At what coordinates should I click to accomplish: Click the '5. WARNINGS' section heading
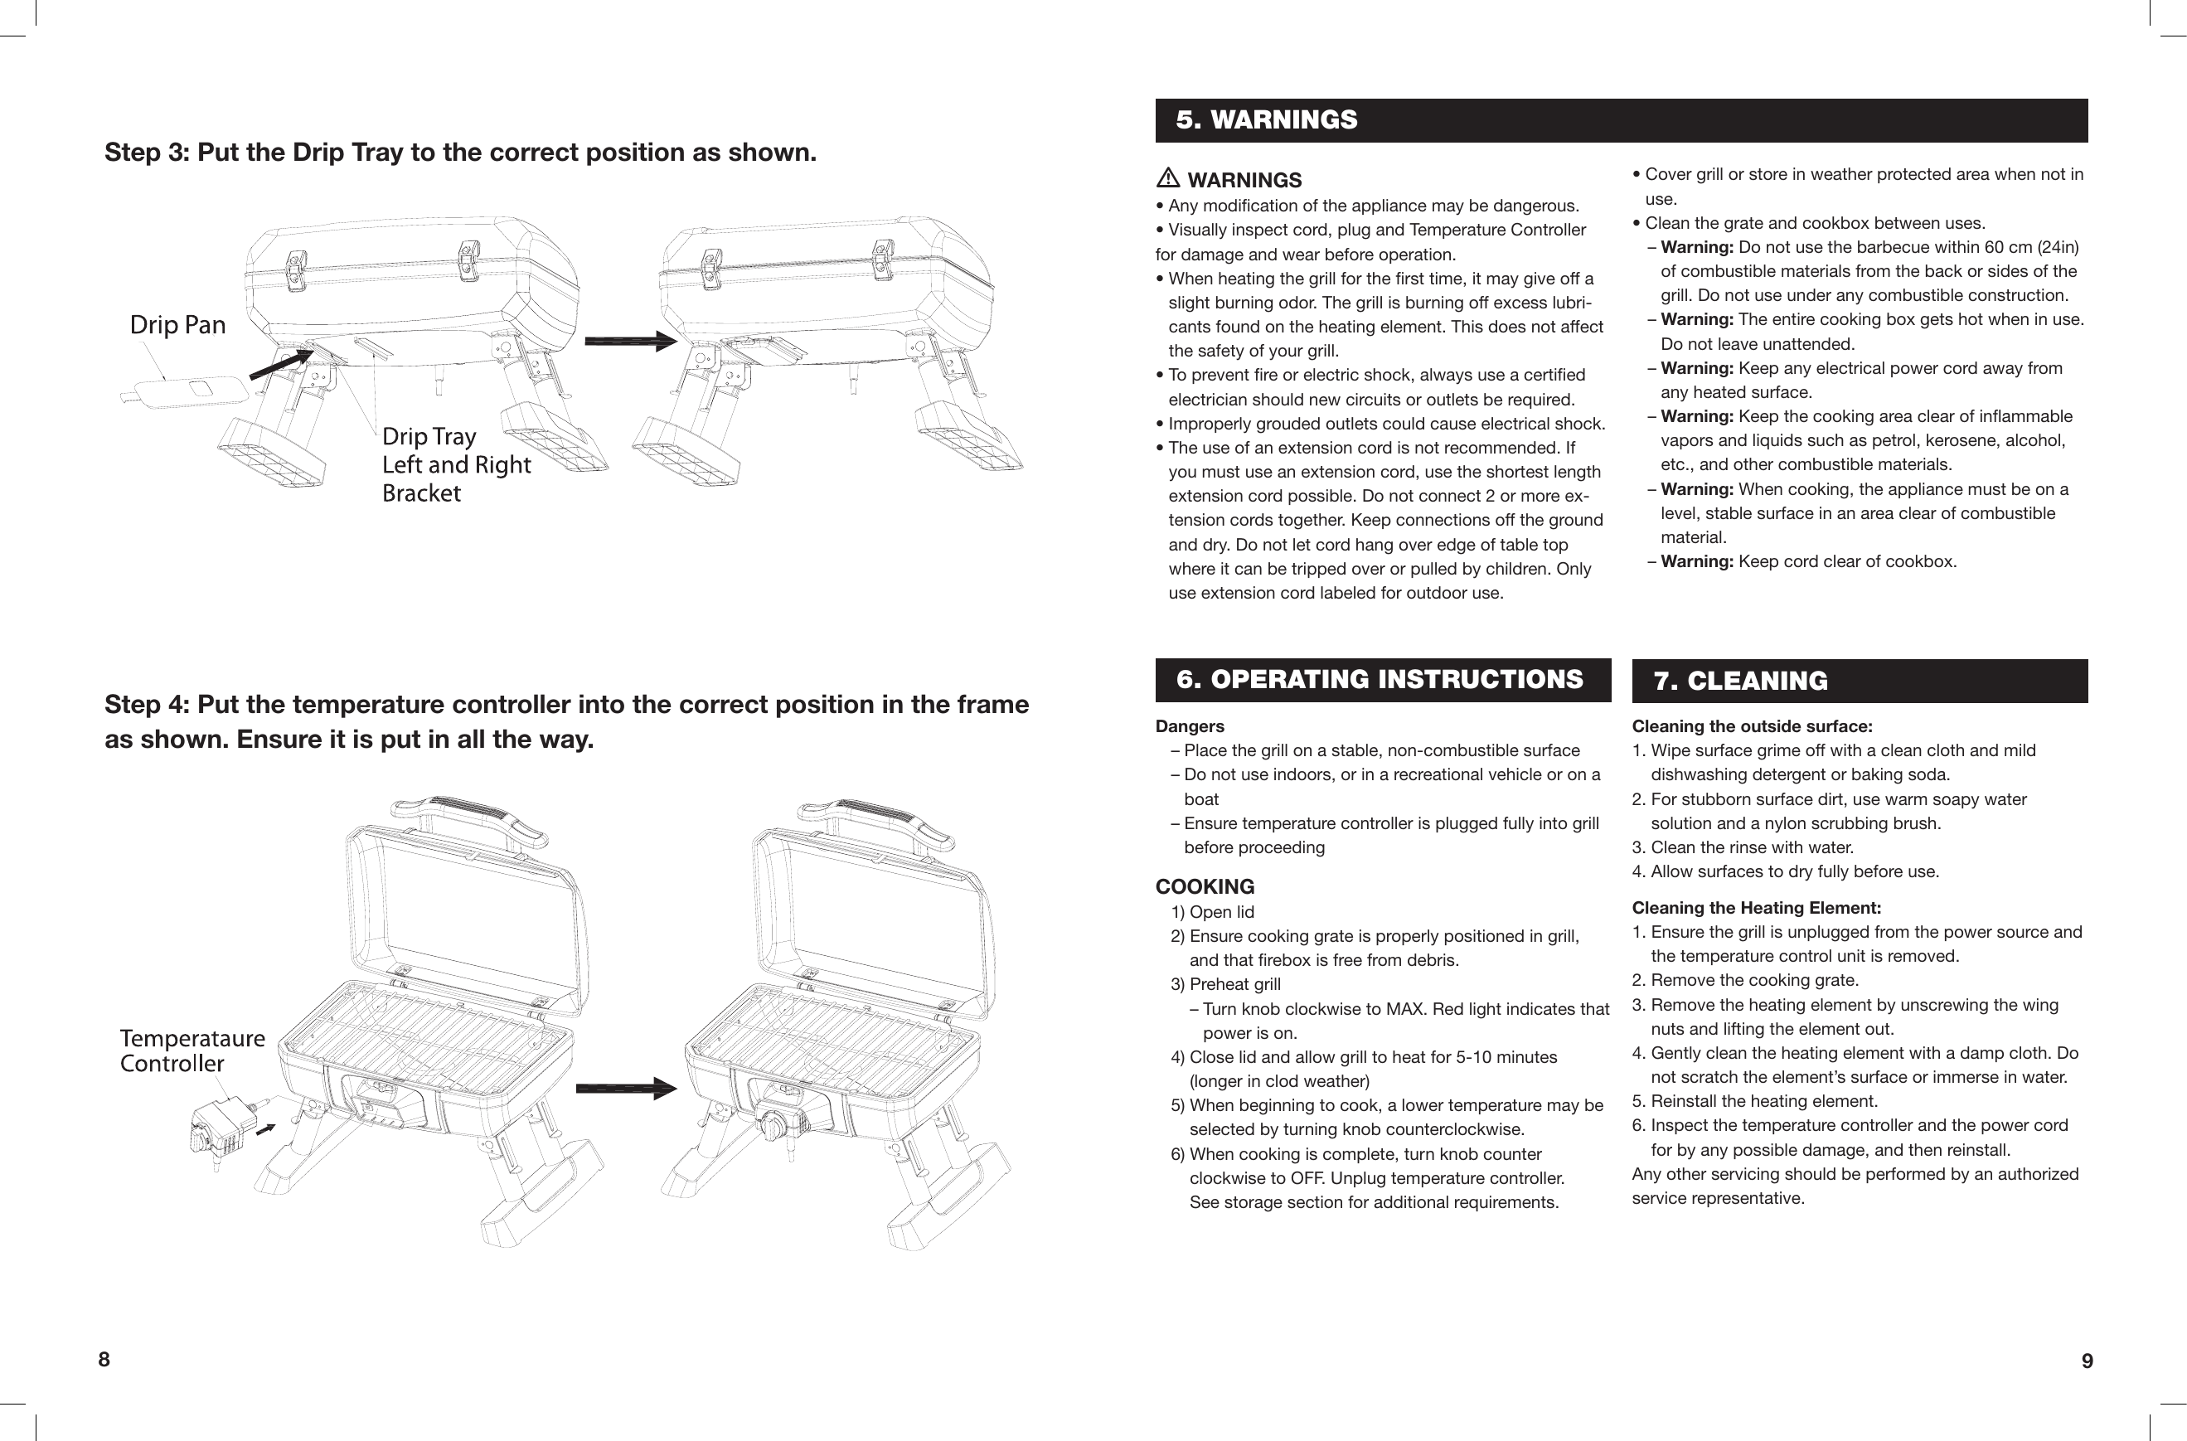coord(1266,120)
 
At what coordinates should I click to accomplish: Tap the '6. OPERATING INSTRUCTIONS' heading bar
coord(1380,680)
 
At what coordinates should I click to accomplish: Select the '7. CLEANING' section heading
coord(1740,681)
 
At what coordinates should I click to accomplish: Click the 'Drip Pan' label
coord(177,325)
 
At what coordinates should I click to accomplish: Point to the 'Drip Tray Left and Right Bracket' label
coord(456,464)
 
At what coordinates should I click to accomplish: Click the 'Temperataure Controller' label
coord(192,1050)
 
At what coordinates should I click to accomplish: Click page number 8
coord(104,1359)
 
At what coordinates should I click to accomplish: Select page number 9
coord(2087,1361)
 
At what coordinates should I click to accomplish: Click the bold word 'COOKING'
coord(1205,887)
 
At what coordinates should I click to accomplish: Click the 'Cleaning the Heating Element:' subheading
coord(1756,908)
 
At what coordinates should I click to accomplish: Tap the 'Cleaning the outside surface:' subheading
coord(1752,727)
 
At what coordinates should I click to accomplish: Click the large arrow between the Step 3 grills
coord(630,341)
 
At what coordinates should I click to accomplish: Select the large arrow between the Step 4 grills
coord(626,1089)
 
